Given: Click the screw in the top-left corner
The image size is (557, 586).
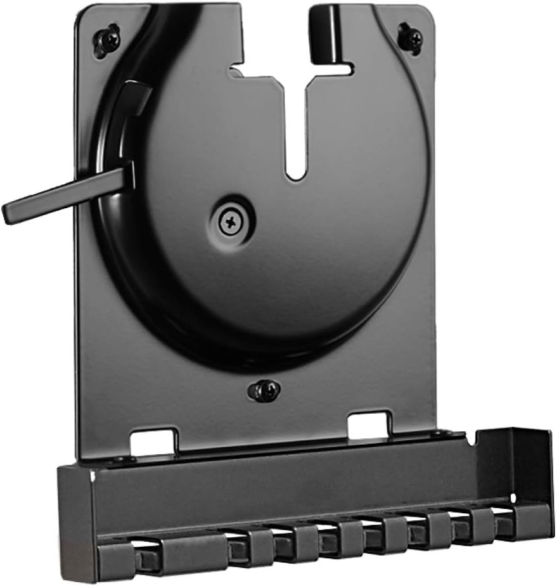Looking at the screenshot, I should [108, 40].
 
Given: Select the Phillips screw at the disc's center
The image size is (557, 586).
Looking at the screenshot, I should [230, 222].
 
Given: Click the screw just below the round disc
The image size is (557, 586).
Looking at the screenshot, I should [264, 389].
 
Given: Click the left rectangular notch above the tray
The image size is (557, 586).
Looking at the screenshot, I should [152, 442].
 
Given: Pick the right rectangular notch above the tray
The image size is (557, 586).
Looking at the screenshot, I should [369, 425].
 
